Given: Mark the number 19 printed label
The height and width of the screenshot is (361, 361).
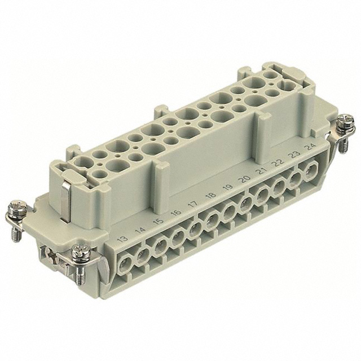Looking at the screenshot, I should tap(227, 187).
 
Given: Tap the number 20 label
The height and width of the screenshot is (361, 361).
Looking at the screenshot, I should tap(244, 179).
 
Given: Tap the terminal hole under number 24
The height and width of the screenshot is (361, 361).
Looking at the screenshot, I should tap(310, 169).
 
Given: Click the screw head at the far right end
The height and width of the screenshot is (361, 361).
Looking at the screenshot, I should tap(348, 121).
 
